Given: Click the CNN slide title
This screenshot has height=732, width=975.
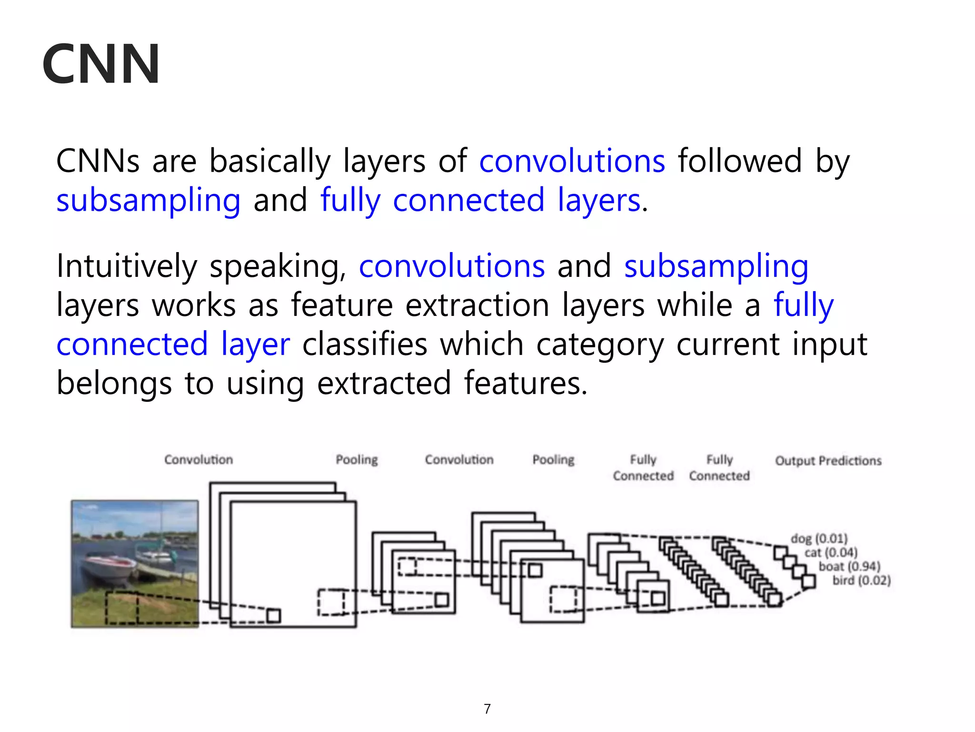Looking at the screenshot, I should click(x=101, y=64).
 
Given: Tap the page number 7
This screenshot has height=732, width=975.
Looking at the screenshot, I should click(x=487, y=709).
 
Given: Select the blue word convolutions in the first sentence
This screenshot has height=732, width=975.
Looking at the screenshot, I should click(x=572, y=161).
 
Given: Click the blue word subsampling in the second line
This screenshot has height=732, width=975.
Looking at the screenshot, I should click(x=149, y=200).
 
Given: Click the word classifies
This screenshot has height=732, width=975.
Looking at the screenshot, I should click(x=365, y=344).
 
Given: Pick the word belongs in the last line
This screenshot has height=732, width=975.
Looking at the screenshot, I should click(x=114, y=384).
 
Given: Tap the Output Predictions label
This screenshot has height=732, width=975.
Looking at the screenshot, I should click(x=828, y=461).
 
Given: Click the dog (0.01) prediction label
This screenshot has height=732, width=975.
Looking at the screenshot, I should click(x=819, y=539).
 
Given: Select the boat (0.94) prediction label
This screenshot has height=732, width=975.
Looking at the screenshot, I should click(x=849, y=566).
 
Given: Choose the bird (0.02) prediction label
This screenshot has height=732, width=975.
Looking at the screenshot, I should click(x=861, y=580).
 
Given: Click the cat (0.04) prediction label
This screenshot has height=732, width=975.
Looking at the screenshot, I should click(x=831, y=552).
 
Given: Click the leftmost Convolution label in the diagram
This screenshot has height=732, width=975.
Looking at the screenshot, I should click(x=199, y=460).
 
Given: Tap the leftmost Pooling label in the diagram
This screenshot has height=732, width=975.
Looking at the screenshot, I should click(x=357, y=460).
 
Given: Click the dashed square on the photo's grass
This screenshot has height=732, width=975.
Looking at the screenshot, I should click(x=122, y=608).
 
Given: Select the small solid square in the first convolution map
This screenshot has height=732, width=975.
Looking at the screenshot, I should click(x=273, y=616).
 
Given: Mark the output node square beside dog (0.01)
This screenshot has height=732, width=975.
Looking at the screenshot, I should click(x=780, y=553).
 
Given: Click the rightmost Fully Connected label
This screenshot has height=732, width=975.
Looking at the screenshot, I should click(x=719, y=468).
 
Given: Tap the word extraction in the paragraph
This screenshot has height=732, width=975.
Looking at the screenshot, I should click(x=477, y=305).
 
